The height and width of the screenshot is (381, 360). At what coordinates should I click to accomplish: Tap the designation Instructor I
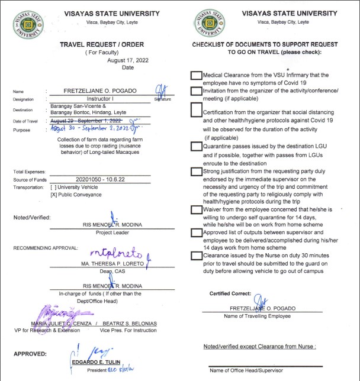[x=99, y=99]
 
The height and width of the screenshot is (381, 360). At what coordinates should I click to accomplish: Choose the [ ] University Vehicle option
[x=76, y=186]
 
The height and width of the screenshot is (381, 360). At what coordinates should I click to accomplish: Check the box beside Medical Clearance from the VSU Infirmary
[x=196, y=76]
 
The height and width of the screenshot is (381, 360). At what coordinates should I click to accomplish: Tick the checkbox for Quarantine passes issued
[x=196, y=146]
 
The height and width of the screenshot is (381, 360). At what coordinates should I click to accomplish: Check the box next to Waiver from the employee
[x=196, y=209]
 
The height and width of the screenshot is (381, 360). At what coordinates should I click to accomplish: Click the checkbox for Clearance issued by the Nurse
[x=196, y=256]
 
